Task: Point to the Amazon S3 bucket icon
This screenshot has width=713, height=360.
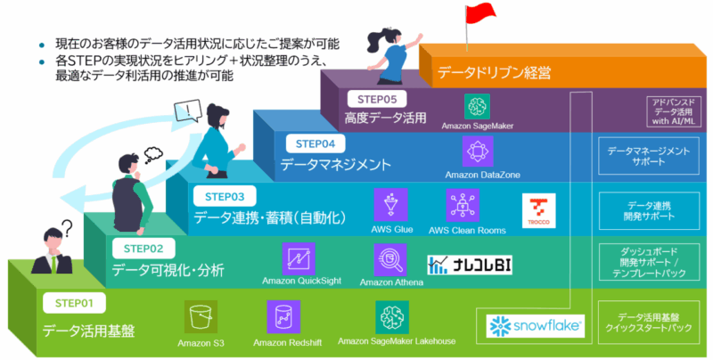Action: tap(201, 318)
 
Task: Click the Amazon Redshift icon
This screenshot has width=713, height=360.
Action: tap(283, 318)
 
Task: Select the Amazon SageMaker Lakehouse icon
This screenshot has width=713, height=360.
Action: tap(393, 318)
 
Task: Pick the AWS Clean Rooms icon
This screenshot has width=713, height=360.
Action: tap(462, 206)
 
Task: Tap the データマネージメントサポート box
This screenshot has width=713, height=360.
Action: tap(648, 157)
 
